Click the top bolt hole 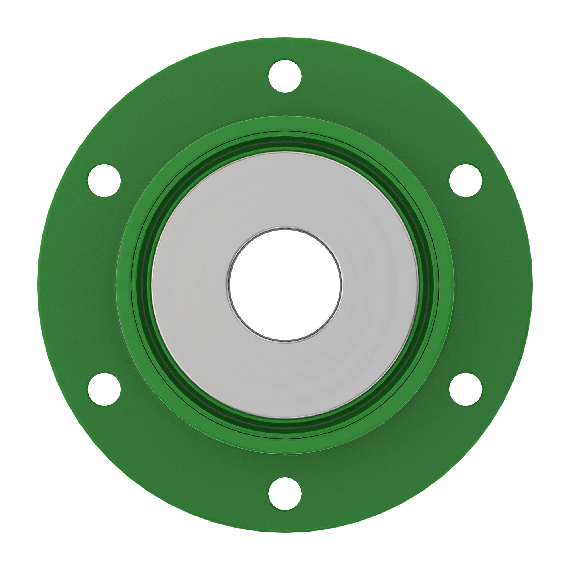click(x=285, y=76)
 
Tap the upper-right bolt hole click(x=466, y=180)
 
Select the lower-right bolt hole click(x=466, y=389)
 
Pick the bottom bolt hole click(x=285, y=493)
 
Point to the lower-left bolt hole click(x=104, y=389)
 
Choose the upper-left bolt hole click(x=104, y=180)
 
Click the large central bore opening click(x=285, y=285)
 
